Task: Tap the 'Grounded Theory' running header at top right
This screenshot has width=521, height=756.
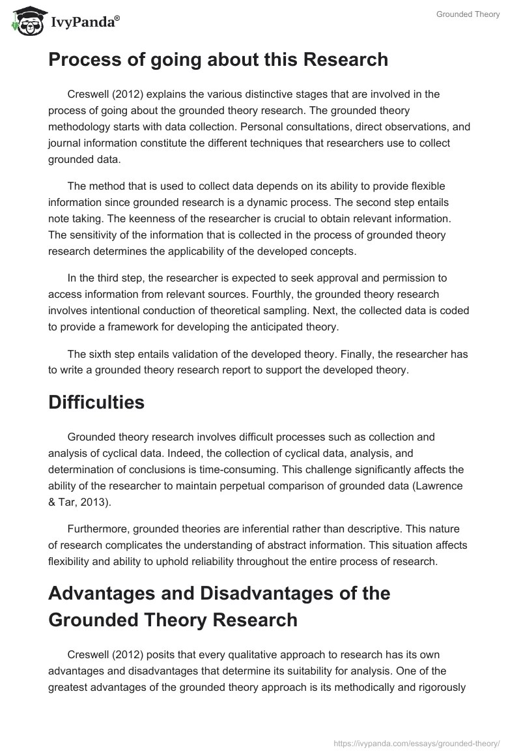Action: click(468, 14)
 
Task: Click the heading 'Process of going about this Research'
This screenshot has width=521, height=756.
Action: click(218, 60)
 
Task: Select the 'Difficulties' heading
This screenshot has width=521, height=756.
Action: click(96, 402)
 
